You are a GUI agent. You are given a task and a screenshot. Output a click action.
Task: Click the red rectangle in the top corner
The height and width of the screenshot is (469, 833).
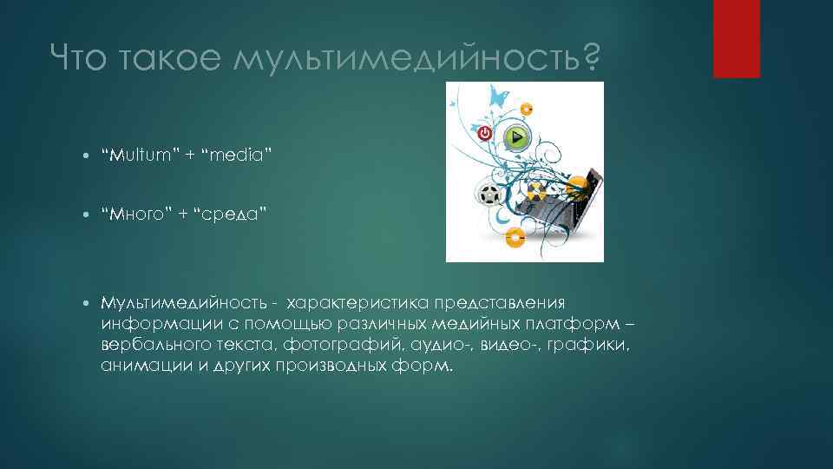pos(736,38)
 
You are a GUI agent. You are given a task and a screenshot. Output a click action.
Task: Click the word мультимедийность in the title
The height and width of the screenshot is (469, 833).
pos(405,58)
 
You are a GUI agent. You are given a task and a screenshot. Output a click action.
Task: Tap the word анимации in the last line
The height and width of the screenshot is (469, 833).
pos(138,366)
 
